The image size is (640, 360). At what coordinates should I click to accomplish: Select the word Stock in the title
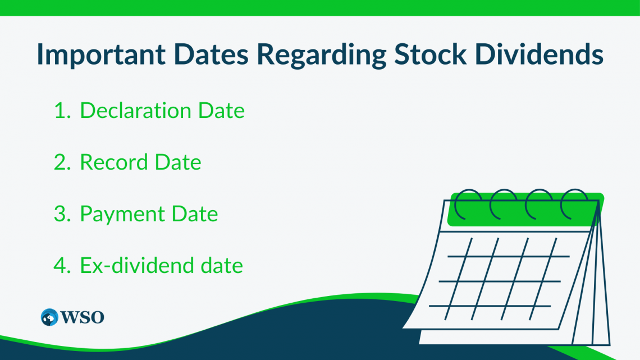tap(430, 54)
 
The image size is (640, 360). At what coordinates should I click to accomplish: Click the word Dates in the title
tap(211, 54)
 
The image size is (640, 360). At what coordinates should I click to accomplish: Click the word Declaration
tap(135, 110)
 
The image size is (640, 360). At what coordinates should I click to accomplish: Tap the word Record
tap(113, 162)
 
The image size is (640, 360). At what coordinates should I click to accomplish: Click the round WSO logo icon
tap(49, 317)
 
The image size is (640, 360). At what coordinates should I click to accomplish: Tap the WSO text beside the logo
tap(83, 317)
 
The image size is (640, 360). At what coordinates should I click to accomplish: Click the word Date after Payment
tap(195, 213)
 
